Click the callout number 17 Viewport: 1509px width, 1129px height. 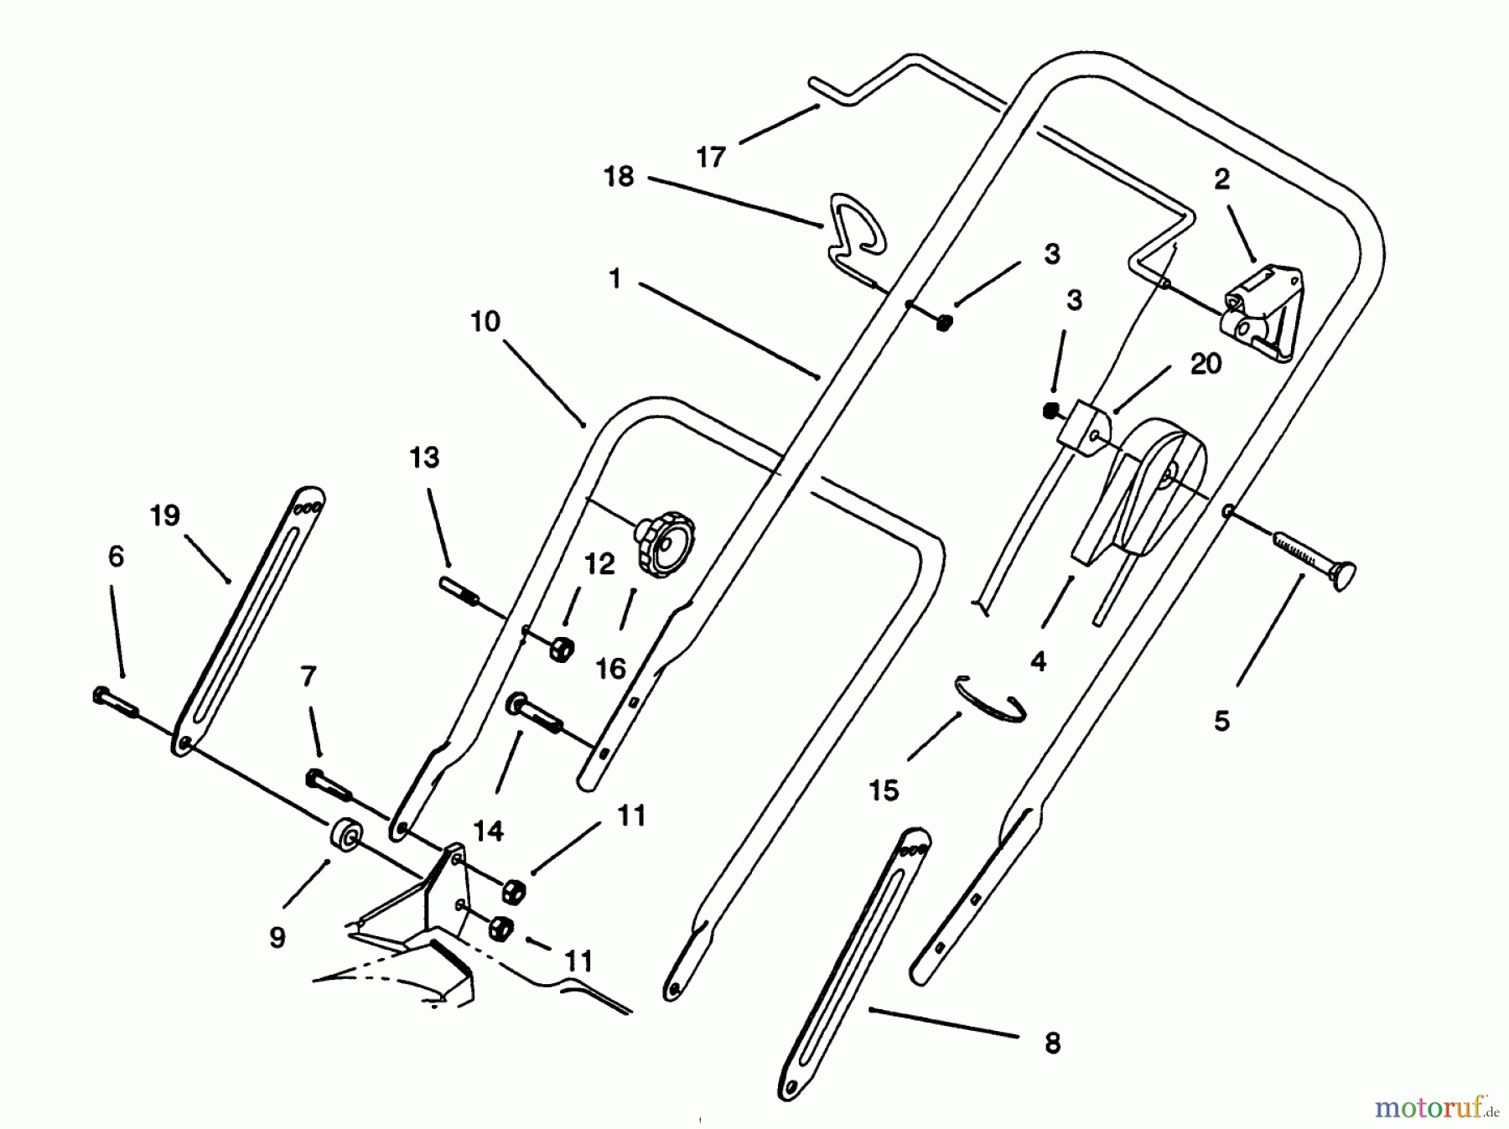[710, 157]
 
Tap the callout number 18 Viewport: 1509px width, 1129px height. [619, 177]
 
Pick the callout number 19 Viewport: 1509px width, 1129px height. [165, 515]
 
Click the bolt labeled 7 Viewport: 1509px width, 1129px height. [329, 783]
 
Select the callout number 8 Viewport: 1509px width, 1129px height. [1052, 1044]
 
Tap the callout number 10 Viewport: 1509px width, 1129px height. [485, 321]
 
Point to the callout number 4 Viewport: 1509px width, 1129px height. [1038, 661]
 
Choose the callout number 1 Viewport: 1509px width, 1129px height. [614, 278]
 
